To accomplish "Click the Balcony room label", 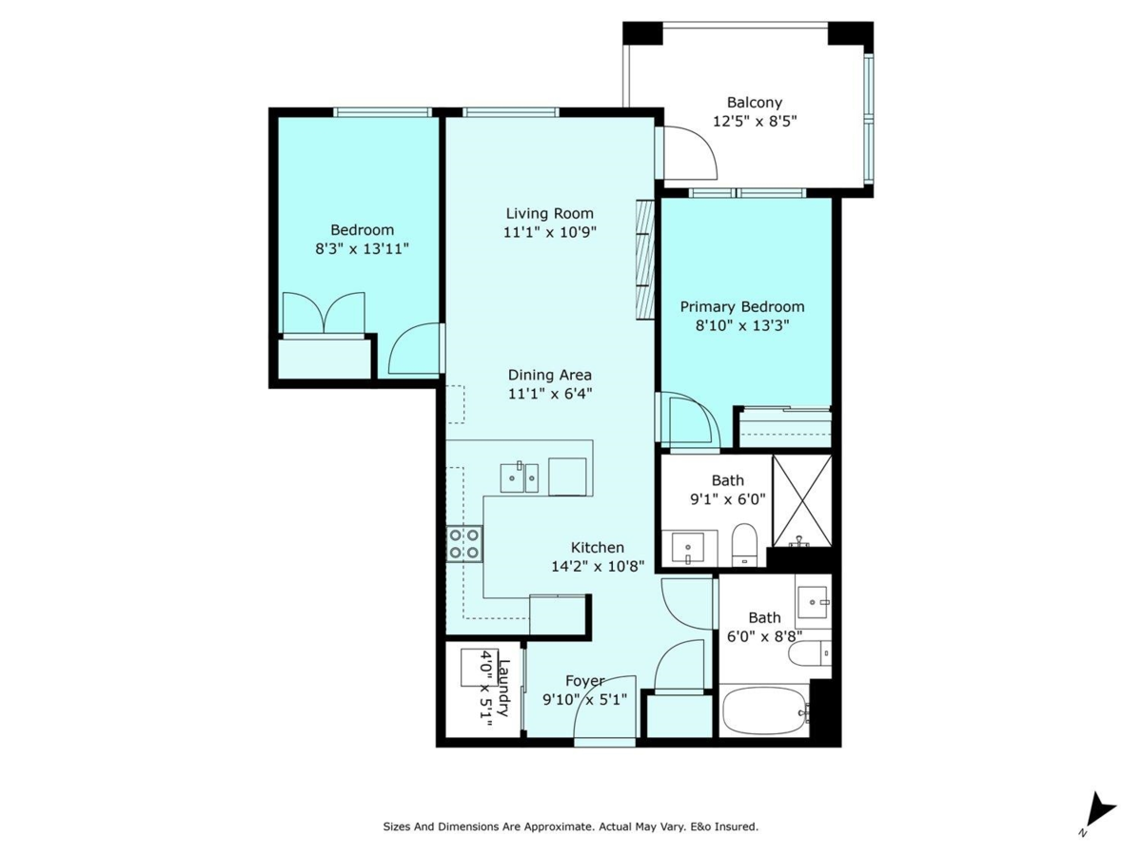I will (x=754, y=103).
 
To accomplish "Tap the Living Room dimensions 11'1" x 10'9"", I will (x=550, y=231).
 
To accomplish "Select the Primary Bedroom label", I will (x=741, y=306).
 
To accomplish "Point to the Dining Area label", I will (x=549, y=375).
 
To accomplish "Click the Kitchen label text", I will (x=597, y=548).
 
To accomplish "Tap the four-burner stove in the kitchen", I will (x=464, y=544).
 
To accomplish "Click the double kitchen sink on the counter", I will (x=520, y=477).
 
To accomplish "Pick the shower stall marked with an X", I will (x=801, y=500).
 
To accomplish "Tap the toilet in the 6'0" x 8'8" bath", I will (x=812, y=654).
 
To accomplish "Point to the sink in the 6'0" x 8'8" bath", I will (x=813, y=599).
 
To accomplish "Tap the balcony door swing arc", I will (x=692, y=151).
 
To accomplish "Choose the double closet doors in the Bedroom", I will (x=324, y=313).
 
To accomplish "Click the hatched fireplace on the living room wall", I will (x=645, y=258).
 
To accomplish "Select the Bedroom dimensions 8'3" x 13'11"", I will (x=362, y=248).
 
